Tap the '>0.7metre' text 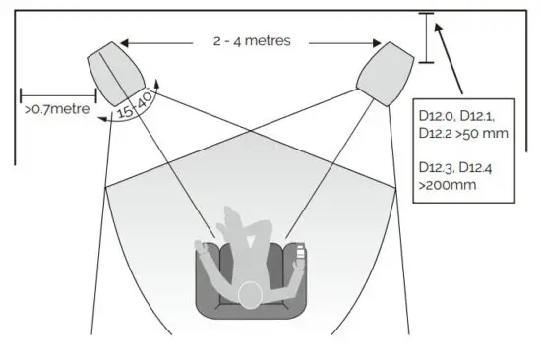(x=55, y=110)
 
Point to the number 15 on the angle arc (x=124, y=111)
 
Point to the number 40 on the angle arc (x=145, y=101)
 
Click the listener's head (x=252, y=293)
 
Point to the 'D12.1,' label (x=483, y=116)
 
